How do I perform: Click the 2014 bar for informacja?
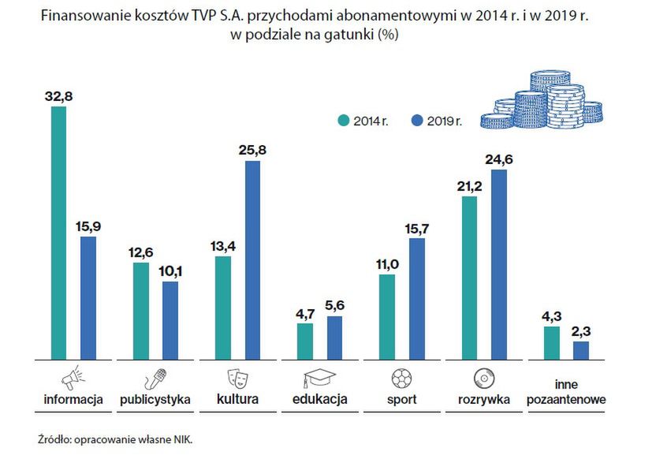click(x=58, y=233)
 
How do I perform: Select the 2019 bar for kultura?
click(x=252, y=260)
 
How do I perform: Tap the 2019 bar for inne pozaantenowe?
click(x=581, y=350)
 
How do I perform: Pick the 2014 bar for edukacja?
click(x=304, y=341)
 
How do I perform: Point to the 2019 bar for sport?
click(x=417, y=298)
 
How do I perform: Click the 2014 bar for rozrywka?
click(x=469, y=278)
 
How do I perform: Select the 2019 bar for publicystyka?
click(x=170, y=320)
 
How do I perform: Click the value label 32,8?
click(x=58, y=96)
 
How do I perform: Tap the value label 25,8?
click(x=252, y=150)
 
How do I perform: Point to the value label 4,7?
click(x=304, y=312)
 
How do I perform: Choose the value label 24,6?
click(x=499, y=159)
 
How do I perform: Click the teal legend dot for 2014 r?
click(x=343, y=121)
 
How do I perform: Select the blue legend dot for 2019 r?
click(x=418, y=121)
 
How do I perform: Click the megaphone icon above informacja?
click(x=72, y=376)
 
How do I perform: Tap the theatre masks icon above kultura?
click(x=237, y=376)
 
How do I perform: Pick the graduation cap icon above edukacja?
click(x=319, y=376)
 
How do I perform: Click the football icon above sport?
click(x=401, y=376)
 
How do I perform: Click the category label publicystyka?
click(x=155, y=400)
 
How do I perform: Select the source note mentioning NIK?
click(x=114, y=438)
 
